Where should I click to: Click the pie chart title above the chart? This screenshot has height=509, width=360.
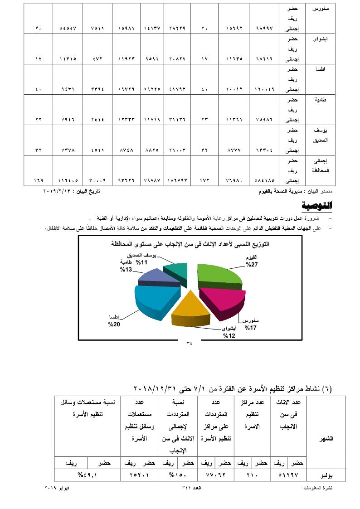(190, 244)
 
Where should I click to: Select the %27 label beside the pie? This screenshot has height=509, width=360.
(252, 264)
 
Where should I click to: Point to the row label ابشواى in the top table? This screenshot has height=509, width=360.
(321, 39)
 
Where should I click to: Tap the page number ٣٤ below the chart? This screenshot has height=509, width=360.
(190, 343)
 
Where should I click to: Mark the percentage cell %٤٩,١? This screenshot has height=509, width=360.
(87, 475)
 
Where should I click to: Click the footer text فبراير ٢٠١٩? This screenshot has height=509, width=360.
(57, 488)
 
